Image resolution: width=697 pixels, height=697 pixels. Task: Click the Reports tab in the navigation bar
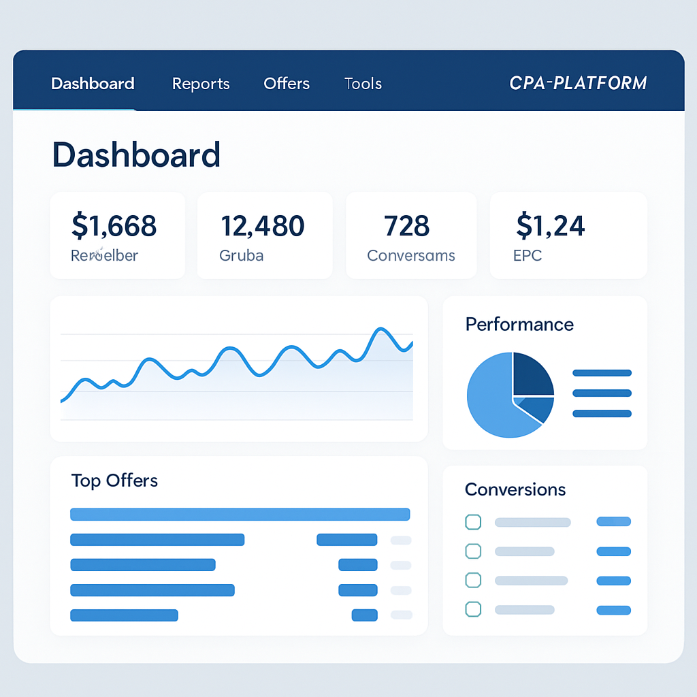(x=201, y=84)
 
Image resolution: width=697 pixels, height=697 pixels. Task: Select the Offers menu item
(x=287, y=84)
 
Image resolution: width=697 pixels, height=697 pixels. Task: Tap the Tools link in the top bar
(x=363, y=84)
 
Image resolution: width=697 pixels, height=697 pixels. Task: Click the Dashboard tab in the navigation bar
(x=93, y=84)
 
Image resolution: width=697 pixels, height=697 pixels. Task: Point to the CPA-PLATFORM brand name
(x=578, y=83)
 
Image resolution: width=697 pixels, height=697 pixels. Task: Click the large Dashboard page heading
(x=136, y=155)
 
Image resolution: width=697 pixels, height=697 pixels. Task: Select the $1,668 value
(x=114, y=225)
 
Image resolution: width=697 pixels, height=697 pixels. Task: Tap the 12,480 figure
(x=263, y=225)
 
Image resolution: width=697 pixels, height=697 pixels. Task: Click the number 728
(x=406, y=225)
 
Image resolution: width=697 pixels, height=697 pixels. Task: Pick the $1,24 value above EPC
(x=550, y=225)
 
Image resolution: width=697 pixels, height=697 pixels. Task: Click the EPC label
(x=528, y=256)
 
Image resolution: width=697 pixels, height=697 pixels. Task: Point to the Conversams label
(x=410, y=256)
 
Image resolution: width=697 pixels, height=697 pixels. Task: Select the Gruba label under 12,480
(x=241, y=256)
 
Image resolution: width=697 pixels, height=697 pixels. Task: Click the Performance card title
(x=519, y=324)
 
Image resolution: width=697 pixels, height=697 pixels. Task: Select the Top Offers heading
(x=114, y=481)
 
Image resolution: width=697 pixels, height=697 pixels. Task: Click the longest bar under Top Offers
(x=240, y=515)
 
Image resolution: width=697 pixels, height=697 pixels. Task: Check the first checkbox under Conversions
(x=473, y=522)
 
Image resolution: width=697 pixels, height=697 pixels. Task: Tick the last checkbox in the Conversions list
(x=473, y=609)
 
